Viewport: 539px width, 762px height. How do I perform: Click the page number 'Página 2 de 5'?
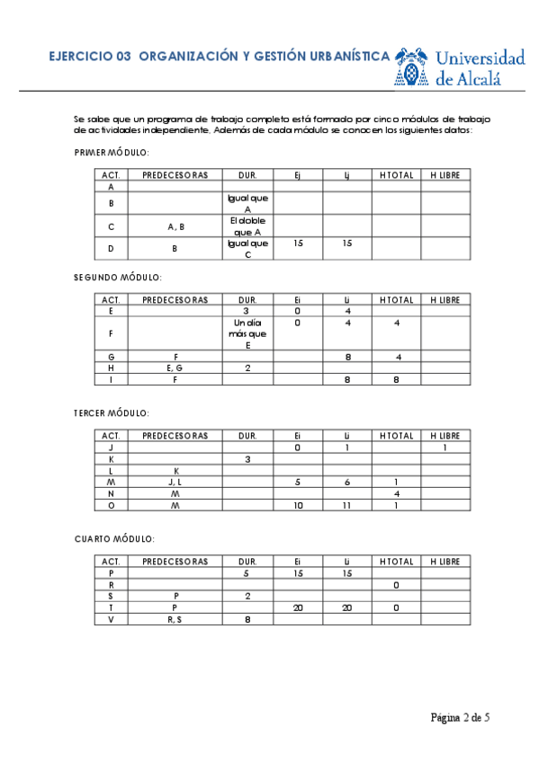pyautogui.click(x=460, y=717)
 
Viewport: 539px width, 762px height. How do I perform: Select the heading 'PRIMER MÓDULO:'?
pyautogui.click(x=112, y=153)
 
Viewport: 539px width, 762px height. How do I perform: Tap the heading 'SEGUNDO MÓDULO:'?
pyautogui.click(x=117, y=279)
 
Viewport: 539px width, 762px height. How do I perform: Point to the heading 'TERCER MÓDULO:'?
pyautogui.click(x=112, y=413)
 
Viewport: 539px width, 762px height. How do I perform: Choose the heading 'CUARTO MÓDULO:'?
pyautogui.click(x=114, y=539)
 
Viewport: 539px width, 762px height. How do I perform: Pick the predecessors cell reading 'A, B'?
pyautogui.click(x=175, y=226)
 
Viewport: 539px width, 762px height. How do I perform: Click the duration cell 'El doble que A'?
pyautogui.click(x=247, y=226)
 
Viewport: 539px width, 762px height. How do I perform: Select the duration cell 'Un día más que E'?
pyautogui.click(x=247, y=333)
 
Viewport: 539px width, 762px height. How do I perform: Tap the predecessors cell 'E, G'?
pyautogui.click(x=175, y=368)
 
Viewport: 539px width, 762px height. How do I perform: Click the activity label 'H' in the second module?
pyautogui.click(x=111, y=368)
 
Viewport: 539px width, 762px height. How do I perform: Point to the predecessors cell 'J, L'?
pyautogui.click(x=175, y=483)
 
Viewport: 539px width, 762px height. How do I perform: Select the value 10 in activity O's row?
pyautogui.click(x=298, y=506)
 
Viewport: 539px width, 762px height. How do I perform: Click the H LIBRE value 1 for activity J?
pyautogui.click(x=445, y=447)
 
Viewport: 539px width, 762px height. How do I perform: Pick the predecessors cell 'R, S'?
pyautogui.click(x=175, y=619)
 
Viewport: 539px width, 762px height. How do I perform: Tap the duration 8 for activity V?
pyautogui.click(x=247, y=619)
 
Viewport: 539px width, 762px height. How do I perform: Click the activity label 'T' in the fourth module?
pyautogui.click(x=111, y=607)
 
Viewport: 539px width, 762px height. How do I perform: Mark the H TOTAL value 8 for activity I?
pyautogui.click(x=396, y=380)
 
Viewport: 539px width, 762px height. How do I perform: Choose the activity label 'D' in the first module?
pyautogui.click(x=111, y=249)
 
